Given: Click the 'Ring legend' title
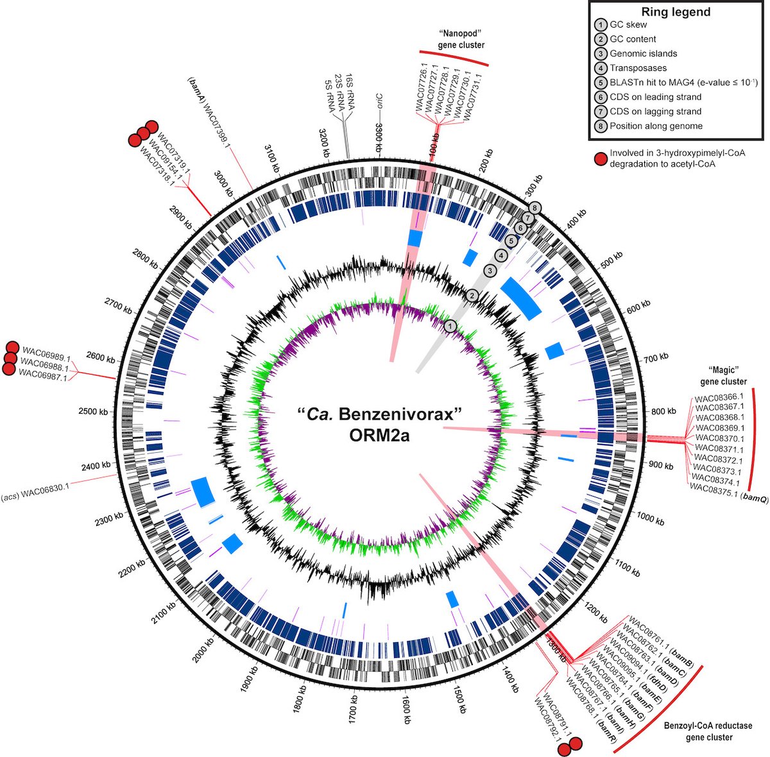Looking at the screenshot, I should click(x=676, y=12).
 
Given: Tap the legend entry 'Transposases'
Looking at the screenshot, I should click(x=638, y=68).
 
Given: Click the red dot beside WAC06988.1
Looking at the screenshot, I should click(x=10, y=359).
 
